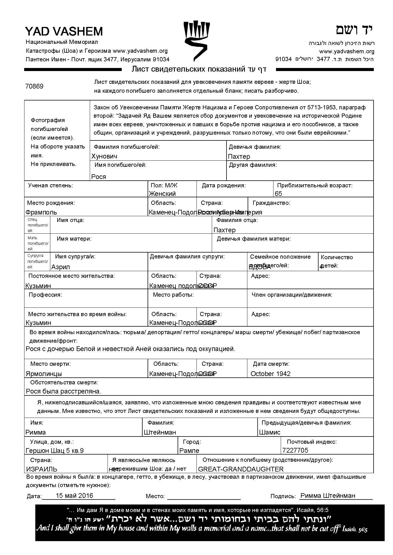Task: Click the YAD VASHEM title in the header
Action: (x=64, y=31)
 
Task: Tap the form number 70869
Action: (x=34, y=86)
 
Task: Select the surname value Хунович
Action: (x=104, y=156)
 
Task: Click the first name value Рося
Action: (x=99, y=177)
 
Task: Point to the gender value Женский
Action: (x=162, y=194)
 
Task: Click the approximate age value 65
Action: (x=278, y=194)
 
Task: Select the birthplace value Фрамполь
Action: (x=41, y=212)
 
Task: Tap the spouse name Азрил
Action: (x=61, y=267)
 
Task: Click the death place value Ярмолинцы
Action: (x=44, y=374)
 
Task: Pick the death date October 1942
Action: (x=270, y=374)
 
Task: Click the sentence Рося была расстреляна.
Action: (x=63, y=392)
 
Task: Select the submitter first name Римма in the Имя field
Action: (x=36, y=432)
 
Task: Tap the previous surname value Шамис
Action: (x=270, y=432)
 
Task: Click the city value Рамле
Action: (x=189, y=451)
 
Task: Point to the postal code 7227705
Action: (x=295, y=450)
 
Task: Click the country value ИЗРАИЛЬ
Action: (x=42, y=469)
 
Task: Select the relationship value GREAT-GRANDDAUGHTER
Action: (x=241, y=469)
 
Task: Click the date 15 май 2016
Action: (x=74, y=496)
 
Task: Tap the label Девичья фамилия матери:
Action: (x=254, y=239)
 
